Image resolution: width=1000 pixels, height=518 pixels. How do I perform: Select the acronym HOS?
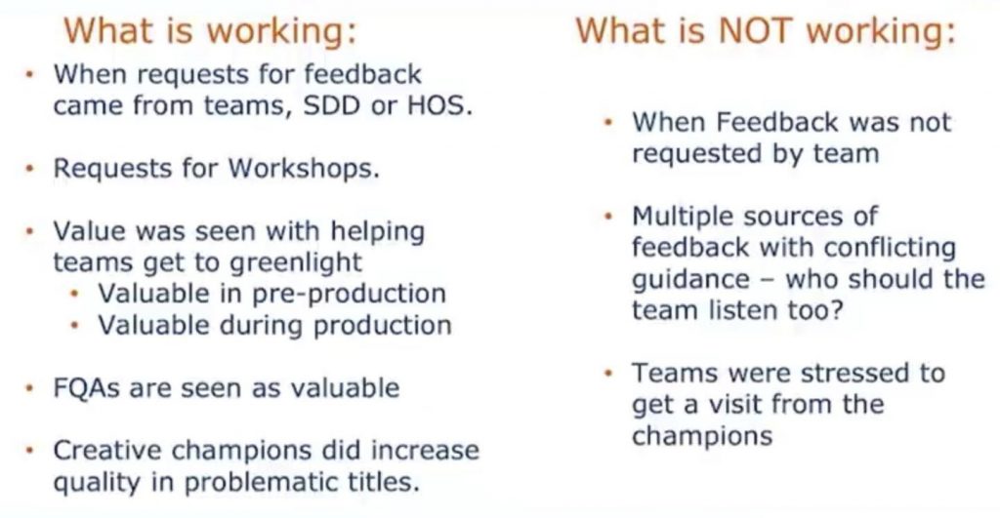(439, 105)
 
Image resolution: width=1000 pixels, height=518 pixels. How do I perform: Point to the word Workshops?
(304, 168)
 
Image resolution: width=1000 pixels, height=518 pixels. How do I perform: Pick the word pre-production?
(349, 294)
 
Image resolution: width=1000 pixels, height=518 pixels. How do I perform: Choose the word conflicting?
(891, 248)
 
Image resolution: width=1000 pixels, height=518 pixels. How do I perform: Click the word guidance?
(690, 279)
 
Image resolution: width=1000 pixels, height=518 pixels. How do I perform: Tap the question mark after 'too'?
(836, 310)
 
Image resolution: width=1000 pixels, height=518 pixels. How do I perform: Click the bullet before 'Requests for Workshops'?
(28, 169)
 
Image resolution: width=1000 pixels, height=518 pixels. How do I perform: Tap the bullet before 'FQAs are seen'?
(28, 388)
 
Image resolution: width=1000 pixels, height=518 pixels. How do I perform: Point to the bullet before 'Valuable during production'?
(74, 326)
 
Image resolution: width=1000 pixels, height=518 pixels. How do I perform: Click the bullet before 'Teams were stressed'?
(608, 373)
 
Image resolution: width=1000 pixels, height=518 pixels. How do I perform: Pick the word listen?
(743, 310)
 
